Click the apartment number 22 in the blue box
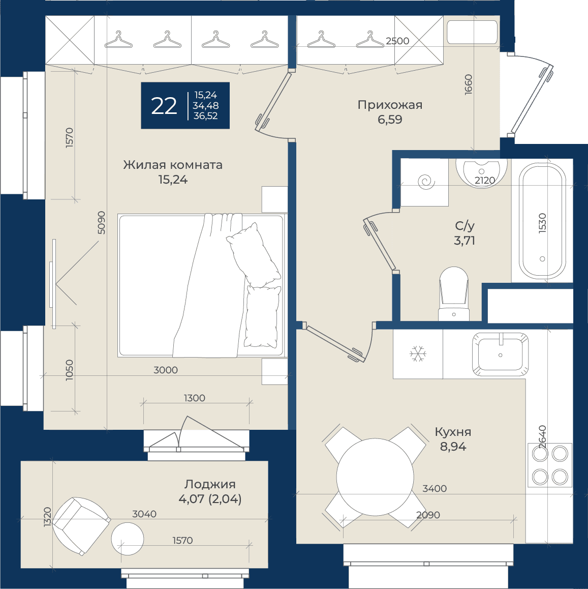[164, 106]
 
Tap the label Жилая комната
[173, 165]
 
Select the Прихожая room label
[390, 105]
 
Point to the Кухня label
[453, 432]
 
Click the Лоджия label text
[210, 484]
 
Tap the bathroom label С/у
[465, 226]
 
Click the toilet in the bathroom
[454, 294]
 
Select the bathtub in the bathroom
[542, 221]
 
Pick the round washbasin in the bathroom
[481, 173]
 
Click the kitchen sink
[500, 354]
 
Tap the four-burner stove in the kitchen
[550, 465]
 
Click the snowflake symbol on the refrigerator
[418, 354]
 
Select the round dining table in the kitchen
[375, 477]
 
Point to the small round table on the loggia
[128, 538]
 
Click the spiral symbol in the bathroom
[426, 182]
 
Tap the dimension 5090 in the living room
[101, 223]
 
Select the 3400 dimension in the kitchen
[435, 488]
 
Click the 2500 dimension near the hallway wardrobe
[397, 41]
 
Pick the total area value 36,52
[206, 116]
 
